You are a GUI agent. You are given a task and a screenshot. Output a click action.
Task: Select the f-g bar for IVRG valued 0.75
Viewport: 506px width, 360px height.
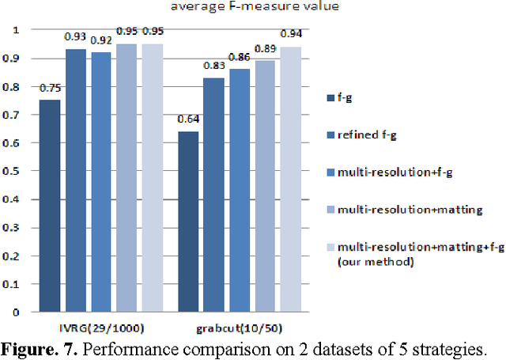click(x=50, y=205)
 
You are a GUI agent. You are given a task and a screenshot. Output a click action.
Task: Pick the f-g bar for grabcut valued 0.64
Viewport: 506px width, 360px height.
click(x=188, y=221)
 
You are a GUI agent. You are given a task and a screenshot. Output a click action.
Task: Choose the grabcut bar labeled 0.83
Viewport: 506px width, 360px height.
click(x=213, y=194)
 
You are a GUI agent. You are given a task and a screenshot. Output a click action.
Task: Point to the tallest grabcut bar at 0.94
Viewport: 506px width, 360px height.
click(x=290, y=179)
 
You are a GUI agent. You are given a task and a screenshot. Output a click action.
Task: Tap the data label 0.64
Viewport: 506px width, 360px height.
click(x=187, y=119)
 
